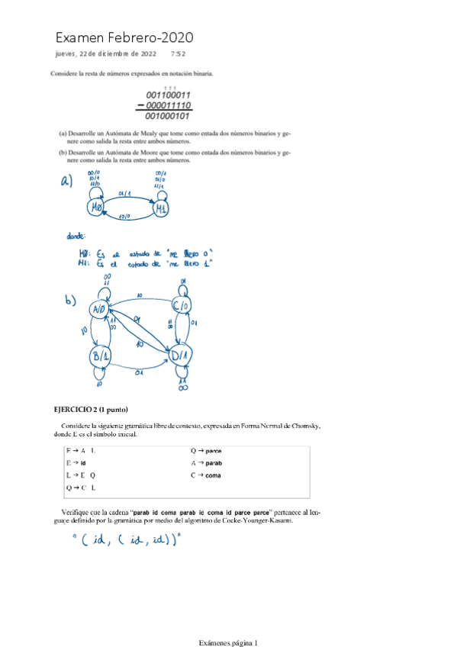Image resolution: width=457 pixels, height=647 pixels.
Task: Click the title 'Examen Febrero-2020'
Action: [124, 37]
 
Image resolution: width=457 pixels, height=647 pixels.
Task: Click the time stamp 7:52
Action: [179, 54]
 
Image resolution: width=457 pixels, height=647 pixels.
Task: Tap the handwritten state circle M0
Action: [97, 208]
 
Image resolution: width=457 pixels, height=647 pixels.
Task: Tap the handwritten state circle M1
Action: [161, 208]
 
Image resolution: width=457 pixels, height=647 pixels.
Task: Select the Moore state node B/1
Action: [99, 356]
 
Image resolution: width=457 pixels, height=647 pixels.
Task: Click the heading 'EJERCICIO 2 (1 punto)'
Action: [96, 410]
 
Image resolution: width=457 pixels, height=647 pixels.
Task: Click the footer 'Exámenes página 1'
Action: [228, 642]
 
